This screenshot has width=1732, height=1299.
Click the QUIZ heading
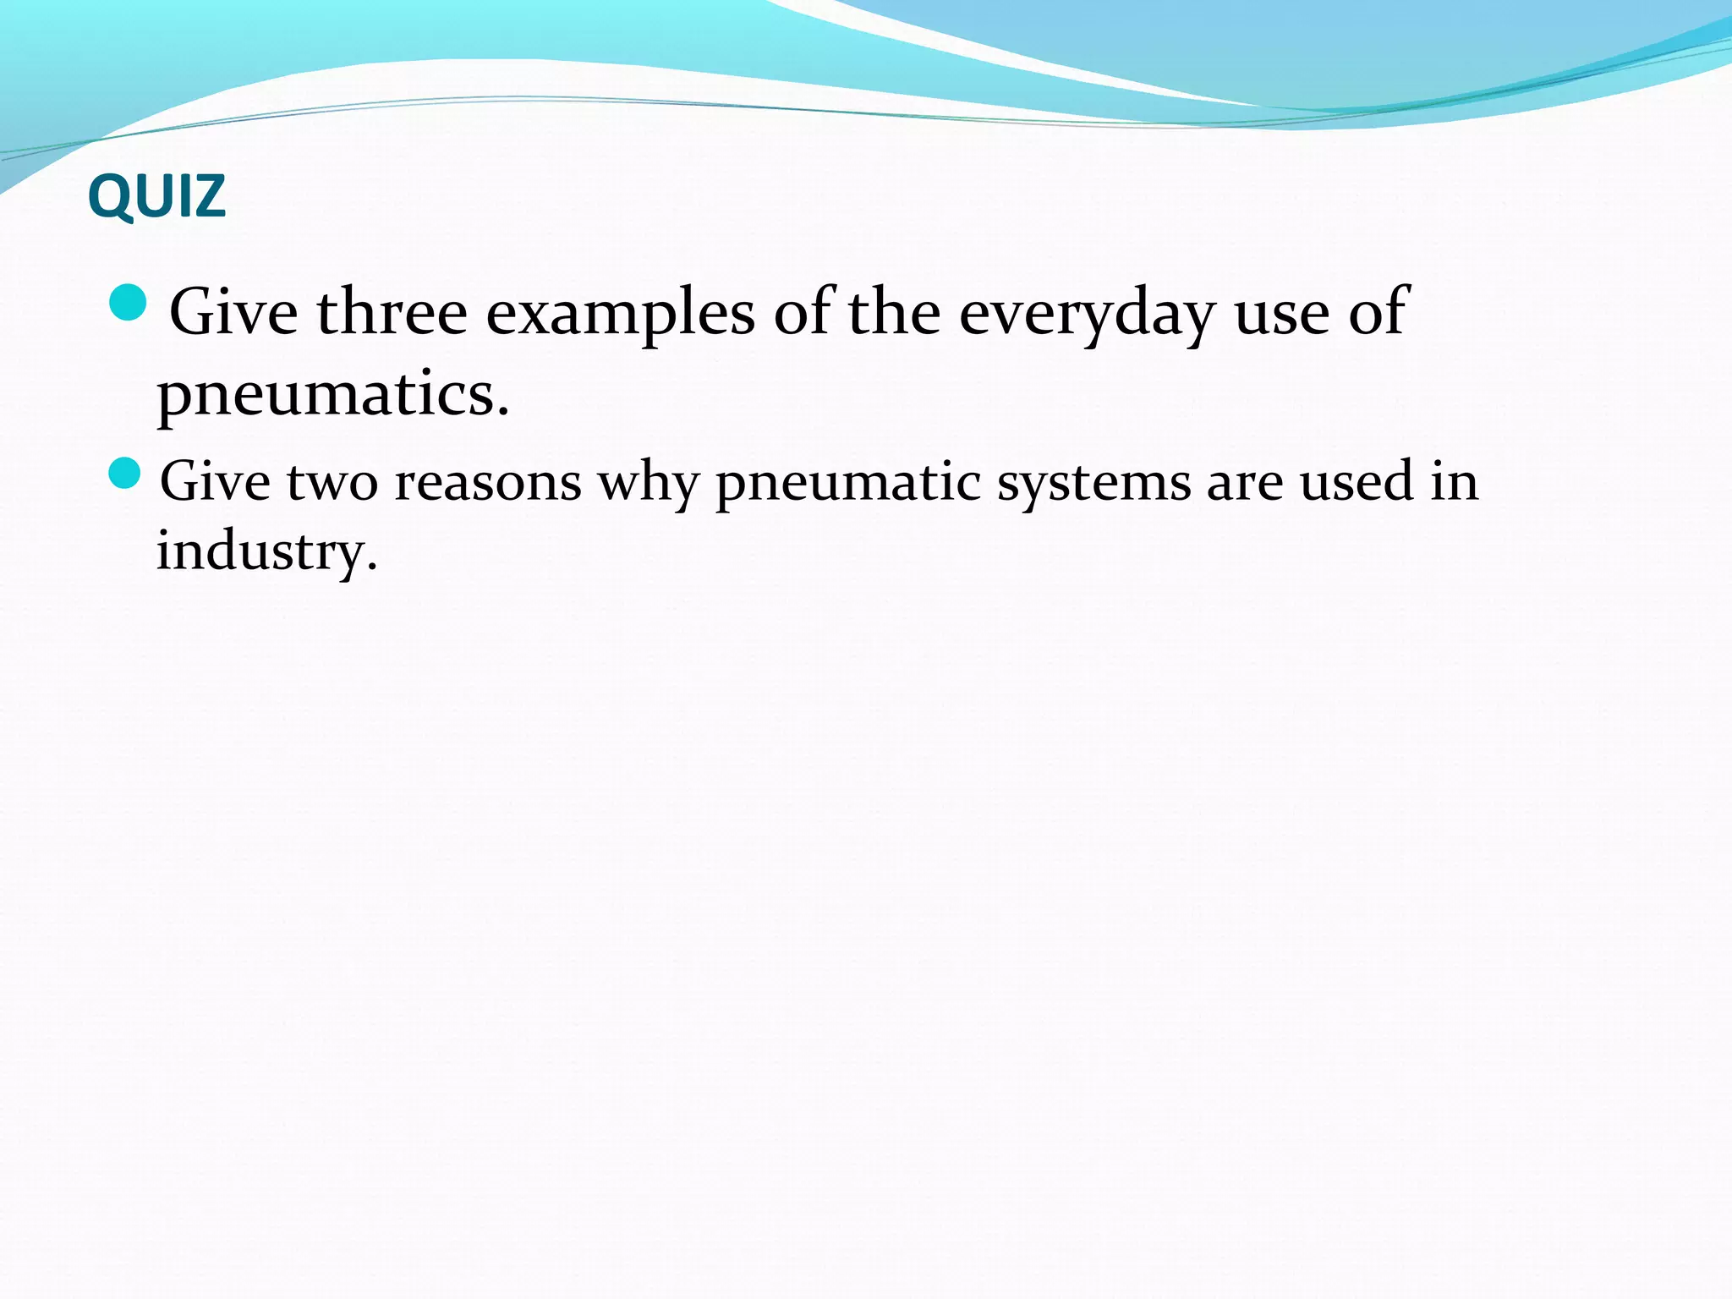pyautogui.click(x=156, y=196)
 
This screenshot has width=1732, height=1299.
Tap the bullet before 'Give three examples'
pyautogui.click(x=129, y=303)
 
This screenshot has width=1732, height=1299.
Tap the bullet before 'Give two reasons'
pyautogui.click(x=125, y=474)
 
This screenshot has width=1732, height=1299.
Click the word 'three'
pyautogui.click(x=392, y=312)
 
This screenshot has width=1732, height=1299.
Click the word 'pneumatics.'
pyautogui.click(x=333, y=394)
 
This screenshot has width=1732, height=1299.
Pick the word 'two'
pyautogui.click(x=332, y=482)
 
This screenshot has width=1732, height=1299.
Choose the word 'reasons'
pyautogui.click(x=488, y=482)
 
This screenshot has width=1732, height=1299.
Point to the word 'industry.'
pyautogui.click(x=266, y=551)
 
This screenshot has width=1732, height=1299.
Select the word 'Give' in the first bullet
pyautogui.click(x=233, y=312)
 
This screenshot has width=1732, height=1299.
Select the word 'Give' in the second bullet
pyautogui.click(x=215, y=482)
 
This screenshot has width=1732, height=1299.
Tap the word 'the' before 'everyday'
pyautogui.click(x=894, y=312)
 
